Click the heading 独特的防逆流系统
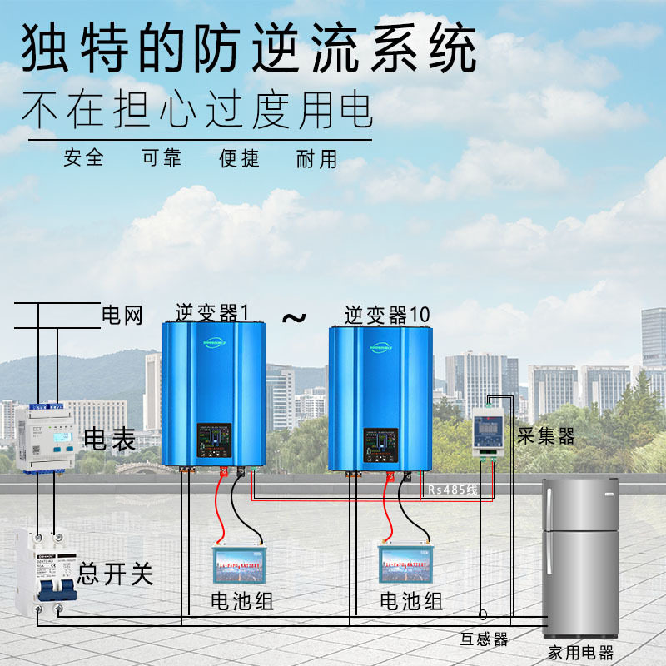[x=248, y=48]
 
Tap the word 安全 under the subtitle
[x=83, y=157]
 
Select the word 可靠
[x=161, y=157]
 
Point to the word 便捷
[x=239, y=157]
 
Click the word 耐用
[x=317, y=157]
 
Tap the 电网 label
[x=122, y=316]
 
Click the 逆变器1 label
[x=212, y=313]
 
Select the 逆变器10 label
[x=387, y=315]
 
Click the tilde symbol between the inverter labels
[x=293, y=317]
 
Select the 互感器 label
[x=484, y=639]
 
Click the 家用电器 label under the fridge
[x=580, y=652]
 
